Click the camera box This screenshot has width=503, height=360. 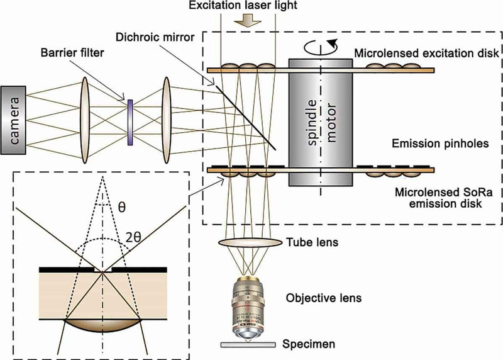(x=13, y=120)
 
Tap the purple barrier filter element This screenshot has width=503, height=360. (x=130, y=122)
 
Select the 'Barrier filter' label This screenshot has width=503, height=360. (x=72, y=52)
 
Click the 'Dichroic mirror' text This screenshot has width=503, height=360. (x=155, y=37)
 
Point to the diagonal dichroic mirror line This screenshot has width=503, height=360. (x=245, y=117)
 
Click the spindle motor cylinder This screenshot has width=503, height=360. (x=321, y=122)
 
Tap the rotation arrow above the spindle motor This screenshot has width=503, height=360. (x=321, y=47)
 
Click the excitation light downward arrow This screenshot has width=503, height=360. (x=247, y=22)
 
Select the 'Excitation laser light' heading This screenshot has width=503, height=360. (x=243, y=6)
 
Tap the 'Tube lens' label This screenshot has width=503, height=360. (x=312, y=242)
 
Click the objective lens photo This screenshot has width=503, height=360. (x=247, y=307)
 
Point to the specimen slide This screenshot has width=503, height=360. (x=248, y=345)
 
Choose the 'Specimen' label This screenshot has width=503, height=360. (x=309, y=344)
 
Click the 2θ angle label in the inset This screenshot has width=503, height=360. (x=133, y=238)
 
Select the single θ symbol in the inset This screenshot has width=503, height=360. (x=121, y=207)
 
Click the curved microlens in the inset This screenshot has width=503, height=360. (x=102, y=325)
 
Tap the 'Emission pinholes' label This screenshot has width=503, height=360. (x=440, y=143)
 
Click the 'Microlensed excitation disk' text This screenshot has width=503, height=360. (x=426, y=53)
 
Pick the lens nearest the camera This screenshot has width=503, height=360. (x=85, y=120)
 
